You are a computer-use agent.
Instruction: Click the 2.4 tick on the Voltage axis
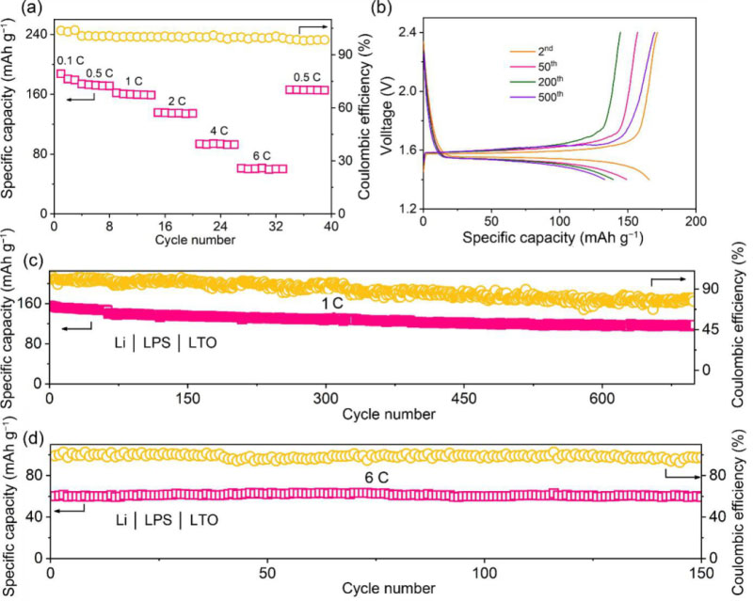(x=407, y=32)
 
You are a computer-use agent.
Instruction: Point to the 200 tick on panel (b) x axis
(x=696, y=219)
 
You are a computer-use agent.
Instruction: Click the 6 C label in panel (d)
(x=373, y=477)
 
